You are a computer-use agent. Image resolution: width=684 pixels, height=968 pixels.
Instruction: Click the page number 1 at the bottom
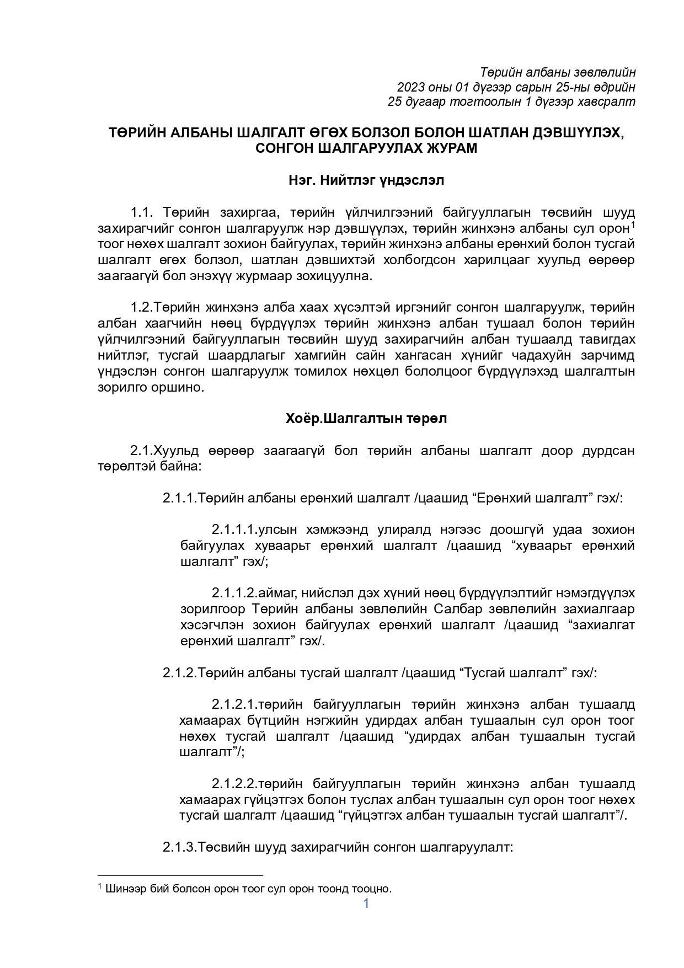click(x=366, y=903)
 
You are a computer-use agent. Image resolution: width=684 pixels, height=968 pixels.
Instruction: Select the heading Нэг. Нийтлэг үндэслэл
click(x=366, y=180)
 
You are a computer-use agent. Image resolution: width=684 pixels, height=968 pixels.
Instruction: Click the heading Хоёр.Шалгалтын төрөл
click(x=366, y=419)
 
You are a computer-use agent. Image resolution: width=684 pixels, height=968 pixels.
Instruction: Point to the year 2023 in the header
click(x=410, y=87)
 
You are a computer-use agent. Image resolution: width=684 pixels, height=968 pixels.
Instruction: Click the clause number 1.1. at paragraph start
click(x=145, y=213)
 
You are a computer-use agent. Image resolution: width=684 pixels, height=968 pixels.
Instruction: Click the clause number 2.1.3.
click(x=179, y=847)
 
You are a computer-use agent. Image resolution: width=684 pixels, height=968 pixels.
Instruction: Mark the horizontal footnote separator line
click(x=180, y=875)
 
